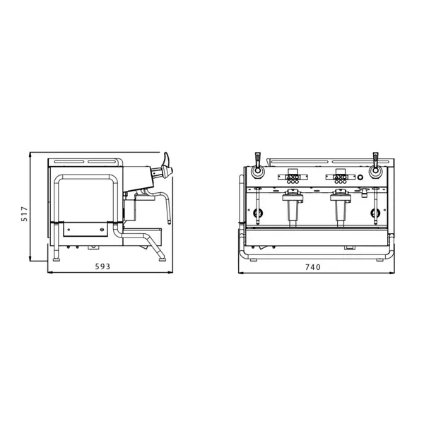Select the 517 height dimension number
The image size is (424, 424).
point(23,214)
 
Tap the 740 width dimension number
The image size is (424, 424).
point(312,268)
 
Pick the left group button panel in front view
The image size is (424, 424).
point(292,175)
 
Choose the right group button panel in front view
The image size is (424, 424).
point(340,175)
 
